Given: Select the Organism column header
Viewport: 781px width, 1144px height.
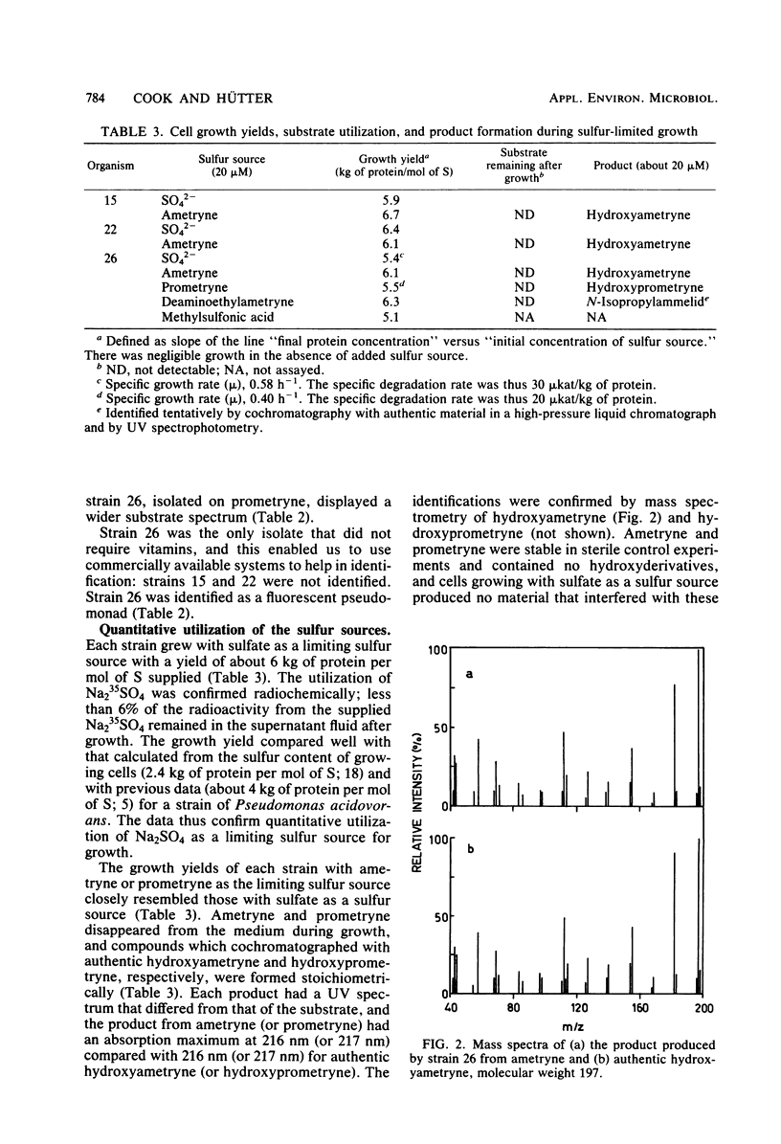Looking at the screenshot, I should (x=108, y=166).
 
